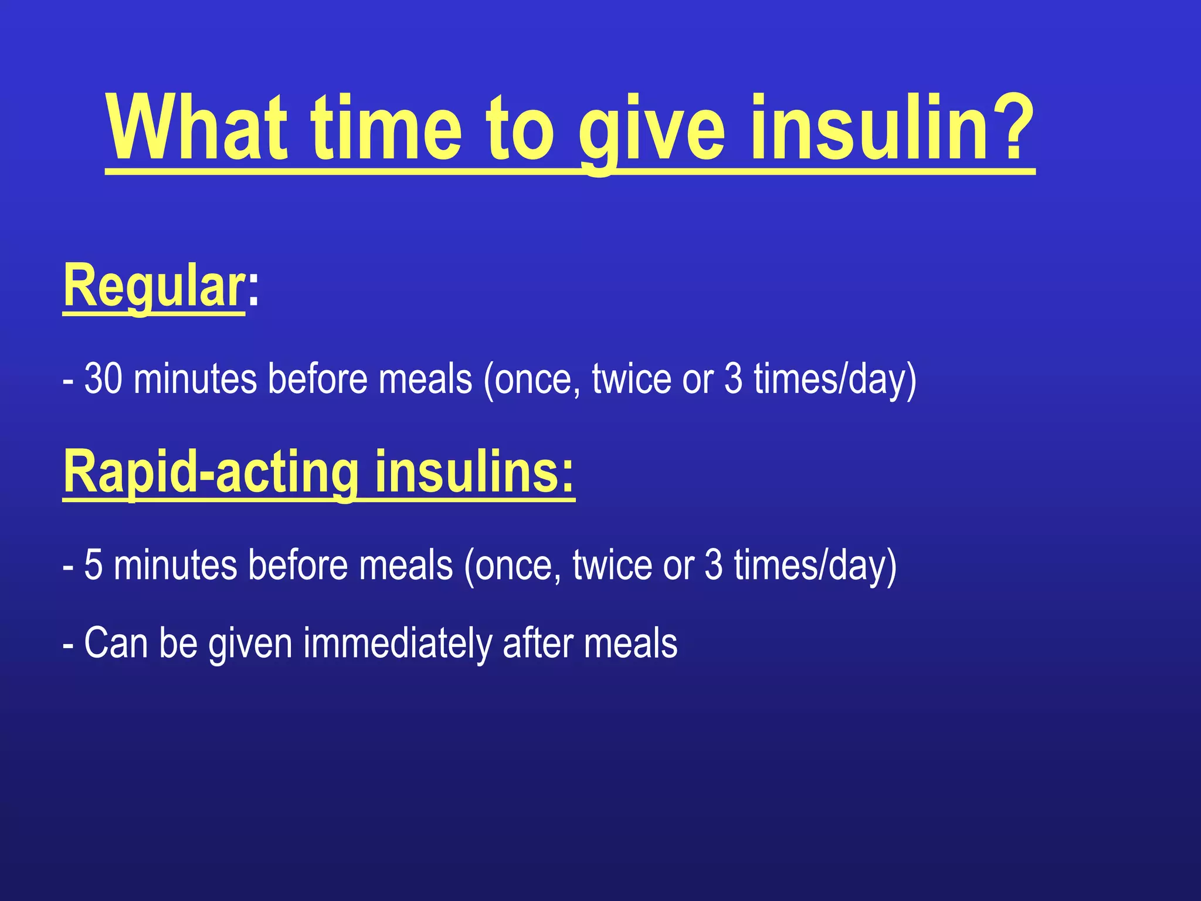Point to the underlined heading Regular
click(x=154, y=286)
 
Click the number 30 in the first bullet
click(x=104, y=379)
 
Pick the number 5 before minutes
click(x=93, y=565)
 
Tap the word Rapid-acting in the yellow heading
click(x=211, y=473)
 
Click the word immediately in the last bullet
click(x=398, y=643)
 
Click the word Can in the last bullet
click(x=116, y=643)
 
